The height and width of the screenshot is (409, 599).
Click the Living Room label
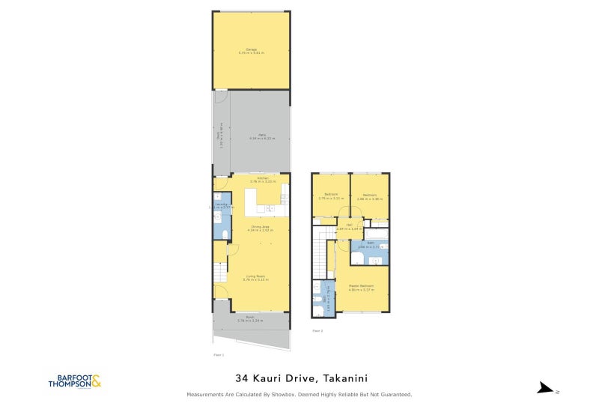click(x=257, y=277)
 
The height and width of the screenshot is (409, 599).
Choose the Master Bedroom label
click(x=361, y=287)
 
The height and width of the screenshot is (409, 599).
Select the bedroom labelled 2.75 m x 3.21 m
click(x=330, y=197)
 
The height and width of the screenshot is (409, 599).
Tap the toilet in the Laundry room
click(x=216, y=216)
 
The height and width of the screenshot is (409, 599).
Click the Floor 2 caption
click(x=317, y=330)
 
